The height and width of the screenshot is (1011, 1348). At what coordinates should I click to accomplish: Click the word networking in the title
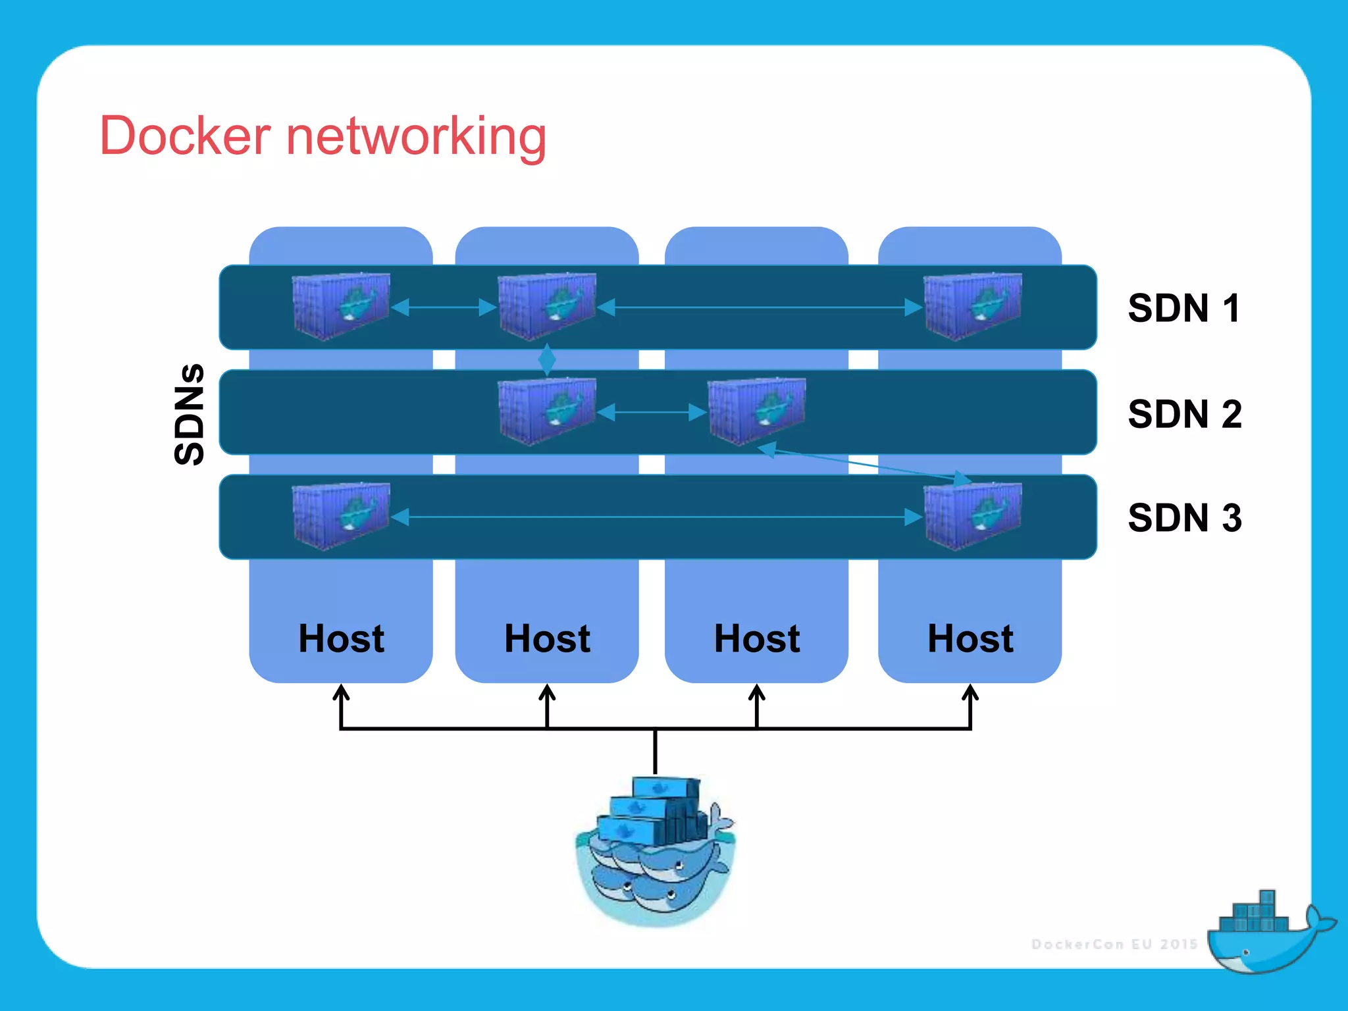(x=416, y=137)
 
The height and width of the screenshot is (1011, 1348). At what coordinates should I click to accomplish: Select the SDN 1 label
(x=1183, y=308)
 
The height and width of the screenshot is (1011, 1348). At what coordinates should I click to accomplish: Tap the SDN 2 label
(x=1184, y=414)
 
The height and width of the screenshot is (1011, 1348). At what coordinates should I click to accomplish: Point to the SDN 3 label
(x=1184, y=518)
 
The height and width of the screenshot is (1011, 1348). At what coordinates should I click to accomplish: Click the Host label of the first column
(x=341, y=638)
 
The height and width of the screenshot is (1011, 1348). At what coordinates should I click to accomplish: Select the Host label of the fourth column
(x=970, y=638)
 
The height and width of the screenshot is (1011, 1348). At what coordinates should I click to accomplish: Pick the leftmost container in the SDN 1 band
(x=341, y=307)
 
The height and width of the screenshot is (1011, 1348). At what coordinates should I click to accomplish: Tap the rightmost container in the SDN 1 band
(x=972, y=307)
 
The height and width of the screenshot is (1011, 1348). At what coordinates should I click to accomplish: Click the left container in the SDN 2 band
(x=547, y=411)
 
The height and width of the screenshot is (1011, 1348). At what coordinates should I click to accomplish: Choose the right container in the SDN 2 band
(x=756, y=411)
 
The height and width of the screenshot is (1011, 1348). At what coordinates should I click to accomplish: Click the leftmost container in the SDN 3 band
(x=341, y=517)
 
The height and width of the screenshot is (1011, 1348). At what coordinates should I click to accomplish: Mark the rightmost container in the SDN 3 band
(x=972, y=517)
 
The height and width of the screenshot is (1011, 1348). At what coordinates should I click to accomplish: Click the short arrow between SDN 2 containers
(x=652, y=413)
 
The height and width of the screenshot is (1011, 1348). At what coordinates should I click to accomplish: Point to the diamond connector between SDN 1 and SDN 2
(x=547, y=359)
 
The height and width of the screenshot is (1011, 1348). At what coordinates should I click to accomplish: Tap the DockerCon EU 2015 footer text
(x=1114, y=945)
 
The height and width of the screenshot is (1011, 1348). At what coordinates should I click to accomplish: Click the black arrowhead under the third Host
(x=757, y=692)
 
